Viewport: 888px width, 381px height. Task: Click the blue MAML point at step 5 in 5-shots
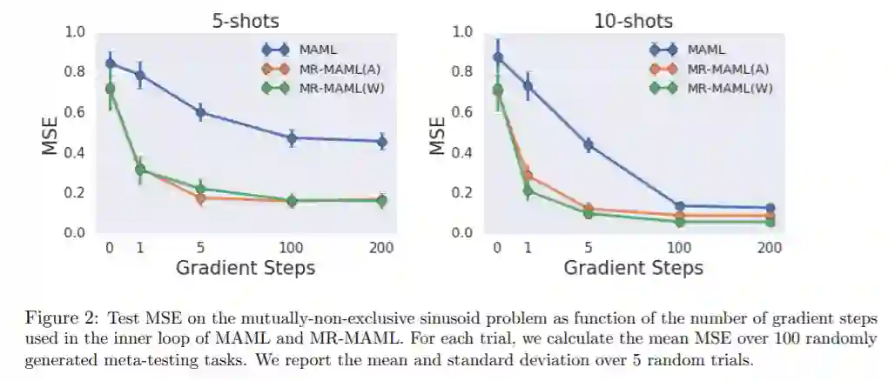pyautogui.click(x=200, y=112)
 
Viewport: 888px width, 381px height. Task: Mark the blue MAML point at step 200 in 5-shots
pyautogui.click(x=381, y=141)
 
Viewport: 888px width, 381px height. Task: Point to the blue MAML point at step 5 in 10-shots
pyautogui.click(x=589, y=144)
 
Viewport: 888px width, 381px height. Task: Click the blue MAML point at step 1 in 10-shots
pyautogui.click(x=528, y=85)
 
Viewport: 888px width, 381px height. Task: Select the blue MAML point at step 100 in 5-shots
pyautogui.click(x=292, y=137)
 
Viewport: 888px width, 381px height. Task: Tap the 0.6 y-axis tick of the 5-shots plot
pyautogui.click(x=76, y=112)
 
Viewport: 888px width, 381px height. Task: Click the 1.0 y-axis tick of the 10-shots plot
pyautogui.click(x=464, y=32)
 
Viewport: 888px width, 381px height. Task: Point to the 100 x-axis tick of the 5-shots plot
pyautogui.click(x=292, y=248)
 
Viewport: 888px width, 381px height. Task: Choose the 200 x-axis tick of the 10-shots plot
pyautogui.click(x=769, y=248)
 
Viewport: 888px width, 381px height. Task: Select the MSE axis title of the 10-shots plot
pyautogui.click(x=439, y=132)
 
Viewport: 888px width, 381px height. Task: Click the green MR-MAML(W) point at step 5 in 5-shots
pyautogui.click(x=200, y=189)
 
